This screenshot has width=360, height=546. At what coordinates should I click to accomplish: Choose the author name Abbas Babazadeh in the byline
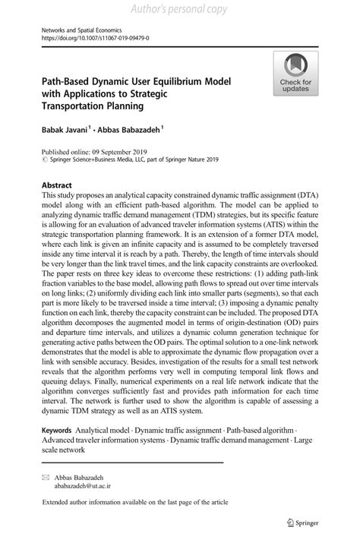[131, 131]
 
